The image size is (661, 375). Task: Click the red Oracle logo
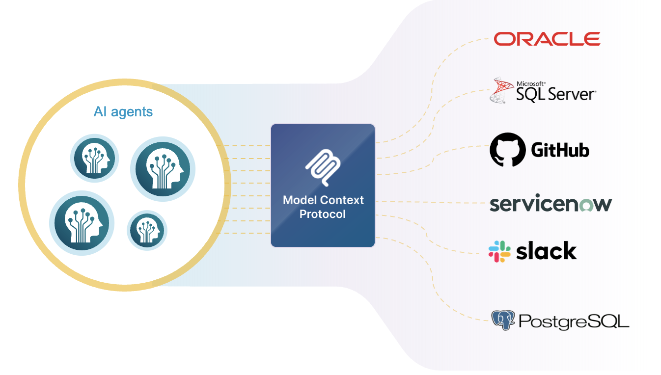tap(547, 39)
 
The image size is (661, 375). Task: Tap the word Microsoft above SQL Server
tap(531, 84)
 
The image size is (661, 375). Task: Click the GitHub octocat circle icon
tap(508, 150)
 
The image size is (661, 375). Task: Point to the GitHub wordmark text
tap(560, 150)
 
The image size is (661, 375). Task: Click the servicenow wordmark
tap(551, 203)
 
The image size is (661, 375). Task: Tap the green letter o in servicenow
tap(586, 205)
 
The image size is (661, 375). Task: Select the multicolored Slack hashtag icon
tap(499, 251)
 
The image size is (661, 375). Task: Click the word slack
tap(546, 251)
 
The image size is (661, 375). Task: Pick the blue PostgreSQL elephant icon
tap(503, 320)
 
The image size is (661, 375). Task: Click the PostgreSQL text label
tap(574, 321)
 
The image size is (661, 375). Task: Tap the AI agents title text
tap(123, 112)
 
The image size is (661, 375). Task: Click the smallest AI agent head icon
tap(147, 230)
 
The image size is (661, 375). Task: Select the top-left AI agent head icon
tap(94, 158)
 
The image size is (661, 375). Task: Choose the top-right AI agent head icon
tap(163, 169)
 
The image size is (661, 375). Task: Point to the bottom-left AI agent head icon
tap(82, 223)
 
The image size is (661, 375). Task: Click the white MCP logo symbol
tap(323, 167)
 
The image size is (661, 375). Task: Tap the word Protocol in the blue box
tap(323, 214)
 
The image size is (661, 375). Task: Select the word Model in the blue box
tap(300, 200)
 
